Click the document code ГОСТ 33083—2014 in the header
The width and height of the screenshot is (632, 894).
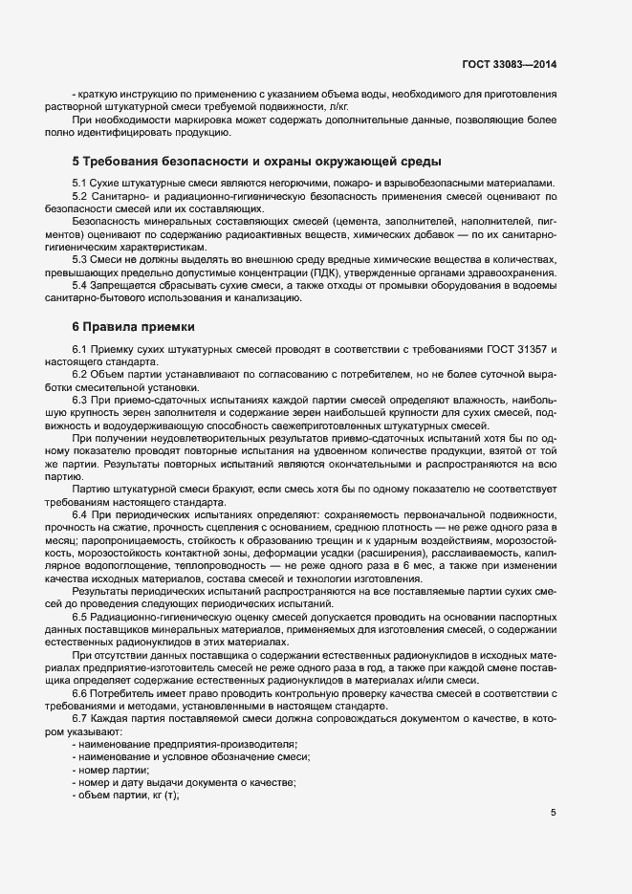510,65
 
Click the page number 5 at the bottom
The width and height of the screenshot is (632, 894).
554,813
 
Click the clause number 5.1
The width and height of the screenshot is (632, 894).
80,183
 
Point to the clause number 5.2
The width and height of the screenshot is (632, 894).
80,195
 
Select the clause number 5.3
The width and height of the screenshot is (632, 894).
80,259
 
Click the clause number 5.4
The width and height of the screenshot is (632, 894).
80,285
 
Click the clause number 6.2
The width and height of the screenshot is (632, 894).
80,376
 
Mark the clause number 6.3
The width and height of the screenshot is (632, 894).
80,401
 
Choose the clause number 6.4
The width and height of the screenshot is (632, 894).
80,515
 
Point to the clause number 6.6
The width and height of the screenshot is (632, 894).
80,693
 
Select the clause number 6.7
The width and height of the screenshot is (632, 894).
80,719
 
